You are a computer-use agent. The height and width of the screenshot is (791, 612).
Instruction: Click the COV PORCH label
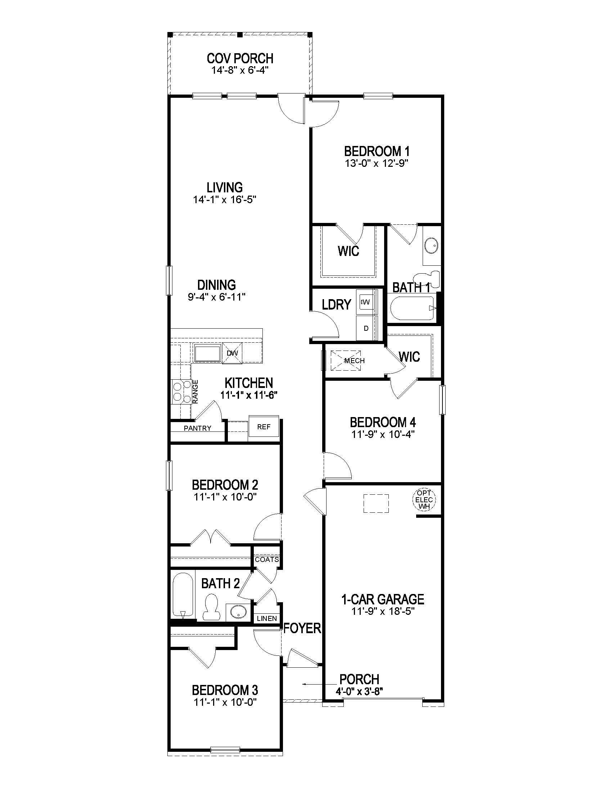(240, 58)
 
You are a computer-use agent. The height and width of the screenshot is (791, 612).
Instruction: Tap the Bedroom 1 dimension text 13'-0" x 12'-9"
(377, 163)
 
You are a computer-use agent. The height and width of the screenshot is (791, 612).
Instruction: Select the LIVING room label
(224, 188)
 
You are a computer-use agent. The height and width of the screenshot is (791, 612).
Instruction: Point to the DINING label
(216, 285)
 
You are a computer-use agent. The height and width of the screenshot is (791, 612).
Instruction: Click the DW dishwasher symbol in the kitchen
(232, 352)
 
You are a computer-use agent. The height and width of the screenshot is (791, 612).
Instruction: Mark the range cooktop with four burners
(182, 392)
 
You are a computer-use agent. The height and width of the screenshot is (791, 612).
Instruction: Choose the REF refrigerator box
(264, 427)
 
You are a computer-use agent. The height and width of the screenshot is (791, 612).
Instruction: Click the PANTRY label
(197, 428)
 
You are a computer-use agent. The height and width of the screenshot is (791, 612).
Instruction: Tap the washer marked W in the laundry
(365, 302)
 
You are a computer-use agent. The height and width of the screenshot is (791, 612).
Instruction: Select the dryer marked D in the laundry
(366, 329)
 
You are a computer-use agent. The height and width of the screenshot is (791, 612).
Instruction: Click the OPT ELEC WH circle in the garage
(424, 500)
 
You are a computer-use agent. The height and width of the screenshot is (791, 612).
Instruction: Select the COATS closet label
(267, 559)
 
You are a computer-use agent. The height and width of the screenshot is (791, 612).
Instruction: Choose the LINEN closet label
(267, 619)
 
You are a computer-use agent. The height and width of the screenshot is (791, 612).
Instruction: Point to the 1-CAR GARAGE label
(382, 599)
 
